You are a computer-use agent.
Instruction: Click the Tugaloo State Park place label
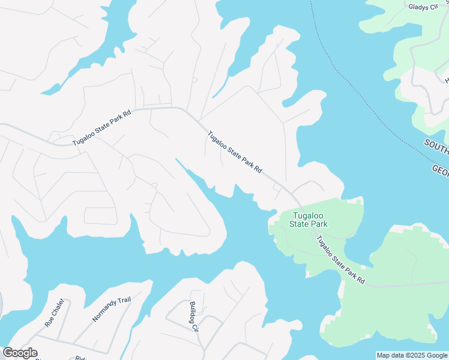[x=309, y=220]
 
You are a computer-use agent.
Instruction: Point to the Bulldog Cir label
[x=193, y=316]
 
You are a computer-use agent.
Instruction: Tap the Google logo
[x=20, y=353]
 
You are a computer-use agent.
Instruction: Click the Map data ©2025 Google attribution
[x=412, y=355]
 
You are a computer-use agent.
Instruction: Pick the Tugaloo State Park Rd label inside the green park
[x=340, y=260]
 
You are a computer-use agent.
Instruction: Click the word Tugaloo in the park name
[x=309, y=215]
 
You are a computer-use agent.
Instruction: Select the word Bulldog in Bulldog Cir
[x=193, y=313]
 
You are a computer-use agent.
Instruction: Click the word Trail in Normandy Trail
[x=124, y=302]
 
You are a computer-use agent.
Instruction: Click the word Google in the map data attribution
[x=436, y=355]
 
